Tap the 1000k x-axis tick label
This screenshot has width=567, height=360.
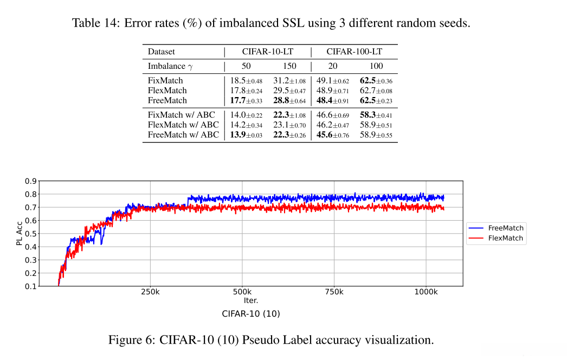point(426,292)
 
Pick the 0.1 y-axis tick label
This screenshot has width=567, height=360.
point(31,286)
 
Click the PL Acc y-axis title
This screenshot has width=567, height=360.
point(20,233)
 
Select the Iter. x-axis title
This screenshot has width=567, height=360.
point(250,300)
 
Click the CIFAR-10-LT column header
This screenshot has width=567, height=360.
point(267,52)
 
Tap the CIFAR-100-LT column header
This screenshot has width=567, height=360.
point(354,52)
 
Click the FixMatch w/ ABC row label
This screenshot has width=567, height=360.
point(182,115)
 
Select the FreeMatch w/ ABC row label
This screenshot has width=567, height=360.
point(184,134)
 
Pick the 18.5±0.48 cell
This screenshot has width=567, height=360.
point(246,81)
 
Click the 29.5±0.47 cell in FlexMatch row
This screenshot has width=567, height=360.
point(289,91)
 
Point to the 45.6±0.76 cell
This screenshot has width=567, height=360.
point(333,134)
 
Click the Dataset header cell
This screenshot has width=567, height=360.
point(162,52)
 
